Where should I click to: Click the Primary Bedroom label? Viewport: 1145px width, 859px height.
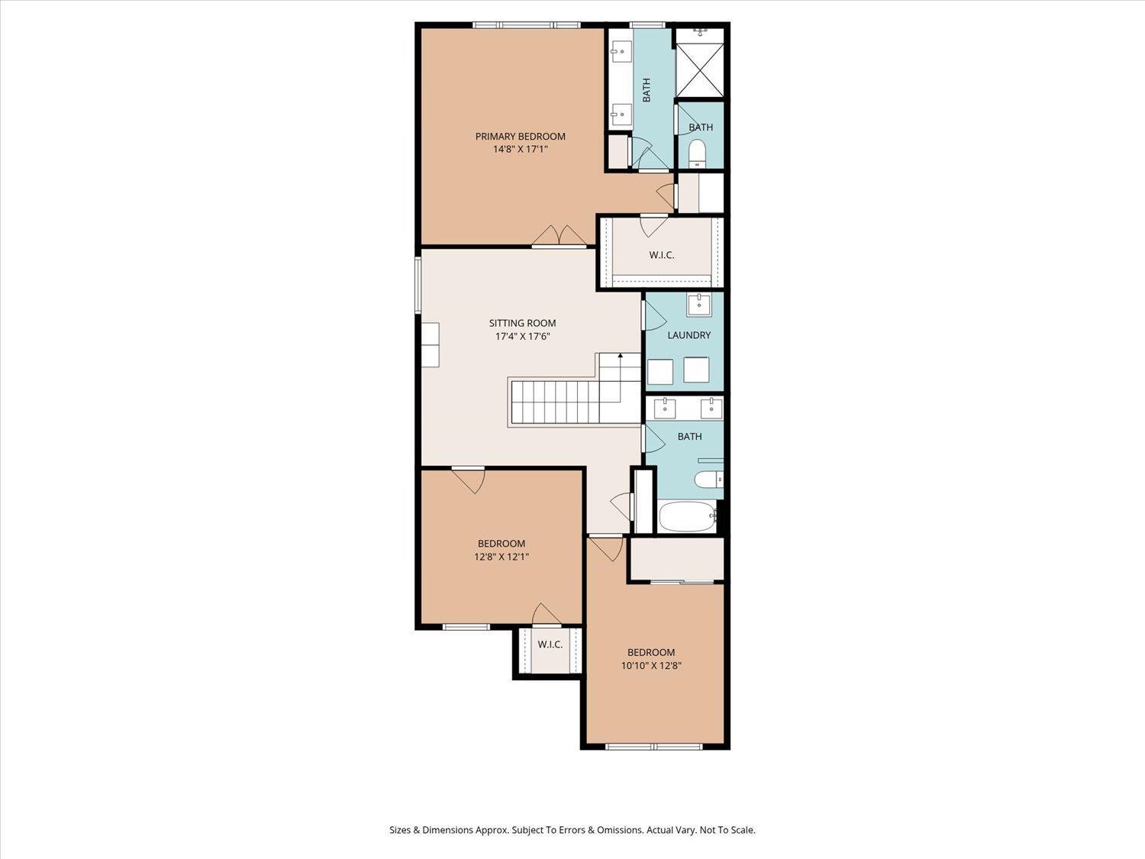tap(520, 136)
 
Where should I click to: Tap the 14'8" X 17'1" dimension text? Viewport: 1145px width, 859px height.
tap(520, 149)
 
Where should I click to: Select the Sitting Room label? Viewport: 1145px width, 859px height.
tap(522, 323)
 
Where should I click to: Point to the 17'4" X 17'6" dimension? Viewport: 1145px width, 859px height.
tap(522, 337)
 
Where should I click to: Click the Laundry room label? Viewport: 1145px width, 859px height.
tap(689, 335)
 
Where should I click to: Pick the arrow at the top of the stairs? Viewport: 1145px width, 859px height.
tap(621, 356)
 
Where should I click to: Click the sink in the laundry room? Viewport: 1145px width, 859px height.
tap(698, 304)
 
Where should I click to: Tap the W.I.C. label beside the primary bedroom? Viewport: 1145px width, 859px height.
tap(662, 255)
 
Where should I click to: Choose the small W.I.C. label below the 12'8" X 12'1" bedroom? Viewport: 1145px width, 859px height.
tap(550, 644)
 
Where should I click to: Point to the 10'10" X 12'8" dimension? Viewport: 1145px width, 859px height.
tap(651, 666)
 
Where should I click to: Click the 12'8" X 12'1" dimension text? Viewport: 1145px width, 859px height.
tap(502, 557)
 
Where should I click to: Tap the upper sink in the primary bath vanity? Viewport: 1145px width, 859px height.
tap(621, 52)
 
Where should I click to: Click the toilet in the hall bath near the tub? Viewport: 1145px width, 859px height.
tap(708, 479)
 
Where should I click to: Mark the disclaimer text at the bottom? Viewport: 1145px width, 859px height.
tap(572, 830)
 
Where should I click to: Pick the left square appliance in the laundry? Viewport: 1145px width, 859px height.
tap(660, 371)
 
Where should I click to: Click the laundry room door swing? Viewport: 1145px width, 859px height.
tap(655, 315)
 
